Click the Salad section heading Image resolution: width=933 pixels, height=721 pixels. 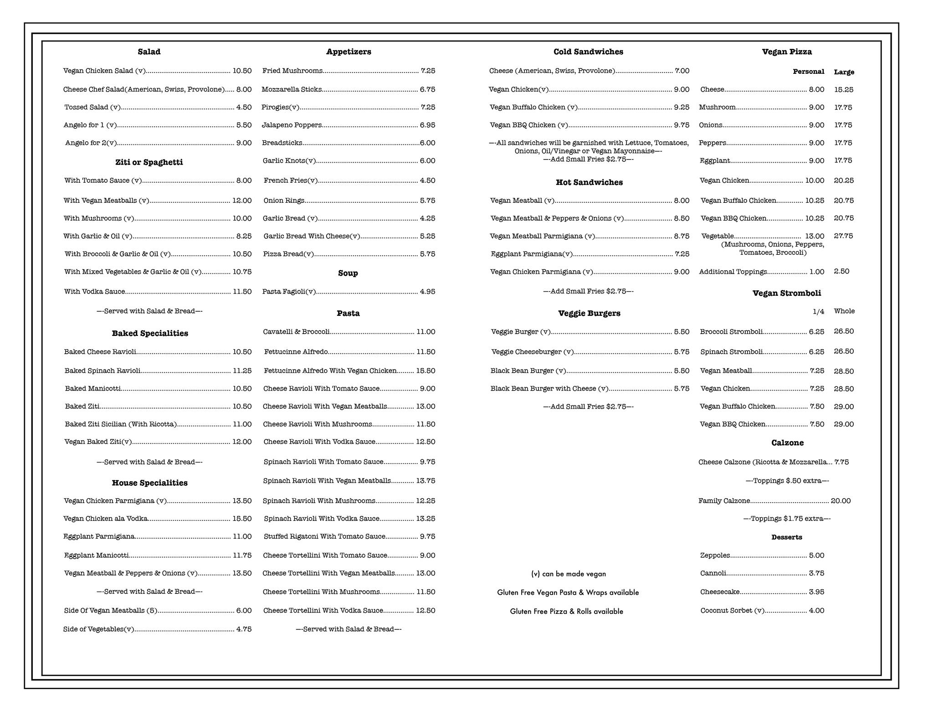[x=149, y=52]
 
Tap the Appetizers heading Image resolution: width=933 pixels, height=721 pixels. [x=349, y=52]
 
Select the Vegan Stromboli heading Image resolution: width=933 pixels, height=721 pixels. [x=787, y=293]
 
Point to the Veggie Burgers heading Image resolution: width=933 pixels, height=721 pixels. [x=589, y=313]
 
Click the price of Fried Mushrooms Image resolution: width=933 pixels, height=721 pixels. [x=428, y=71]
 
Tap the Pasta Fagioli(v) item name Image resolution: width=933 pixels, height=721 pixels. [x=289, y=292]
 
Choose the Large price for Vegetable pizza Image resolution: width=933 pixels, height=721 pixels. [x=843, y=236]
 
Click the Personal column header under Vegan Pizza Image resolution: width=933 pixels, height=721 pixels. [x=808, y=72]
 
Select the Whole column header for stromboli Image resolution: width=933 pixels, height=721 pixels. [x=844, y=311]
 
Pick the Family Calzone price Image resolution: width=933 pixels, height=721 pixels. [x=841, y=501]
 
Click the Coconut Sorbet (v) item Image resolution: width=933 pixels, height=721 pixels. [x=732, y=611]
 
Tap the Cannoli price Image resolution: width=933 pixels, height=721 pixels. [x=816, y=573]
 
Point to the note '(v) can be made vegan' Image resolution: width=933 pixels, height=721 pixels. [x=569, y=574]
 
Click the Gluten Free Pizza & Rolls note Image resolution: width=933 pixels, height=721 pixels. [x=566, y=612]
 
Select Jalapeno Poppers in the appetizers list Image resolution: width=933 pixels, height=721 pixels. [x=292, y=125]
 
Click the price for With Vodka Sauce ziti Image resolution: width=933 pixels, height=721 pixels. [x=242, y=292]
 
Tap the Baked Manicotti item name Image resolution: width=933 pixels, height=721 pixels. [x=93, y=389]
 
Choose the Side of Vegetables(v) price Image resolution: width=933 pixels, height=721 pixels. [x=244, y=629]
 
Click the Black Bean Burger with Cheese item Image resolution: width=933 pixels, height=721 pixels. [x=549, y=389]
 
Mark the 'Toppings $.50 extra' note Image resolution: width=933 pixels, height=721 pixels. [x=787, y=481]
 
